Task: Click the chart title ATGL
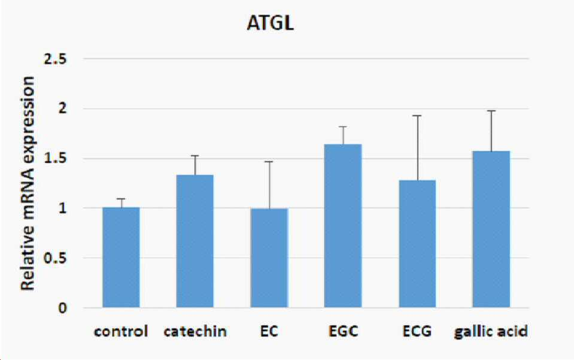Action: [x=270, y=23]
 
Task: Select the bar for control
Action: [x=121, y=258]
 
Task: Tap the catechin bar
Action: [x=195, y=241]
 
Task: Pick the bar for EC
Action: [x=269, y=258]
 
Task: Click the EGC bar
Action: [x=343, y=226]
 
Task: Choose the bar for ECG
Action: [x=417, y=244]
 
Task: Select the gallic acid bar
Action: [x=491, y=229]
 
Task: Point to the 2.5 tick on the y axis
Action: [x=55, y=59]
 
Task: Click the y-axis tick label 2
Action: [x=63, y=108]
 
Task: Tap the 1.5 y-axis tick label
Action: [x=55, y=158]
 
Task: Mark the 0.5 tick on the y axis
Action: [x=55, y=258]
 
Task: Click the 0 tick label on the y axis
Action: [x=63, y=308]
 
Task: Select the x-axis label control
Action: [x=121, y=331]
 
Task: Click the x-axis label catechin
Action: [x=195, y=331]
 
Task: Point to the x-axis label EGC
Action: [x=343, y=331]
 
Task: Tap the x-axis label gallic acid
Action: [x=491, y=332]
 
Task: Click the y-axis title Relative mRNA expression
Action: [x=28, y=183]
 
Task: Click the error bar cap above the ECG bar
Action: [x=417, y=116]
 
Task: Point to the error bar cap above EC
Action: [x=269, y=162]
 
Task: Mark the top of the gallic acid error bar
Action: [x=491, y=111]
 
